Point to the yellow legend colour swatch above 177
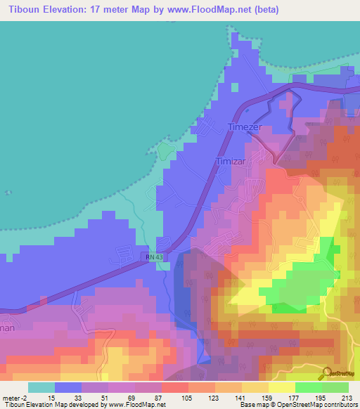[x=282, y=387]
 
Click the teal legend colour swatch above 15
[x=41, y=387]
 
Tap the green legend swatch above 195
[x=309, y=387]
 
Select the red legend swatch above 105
[x=175, y=387]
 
